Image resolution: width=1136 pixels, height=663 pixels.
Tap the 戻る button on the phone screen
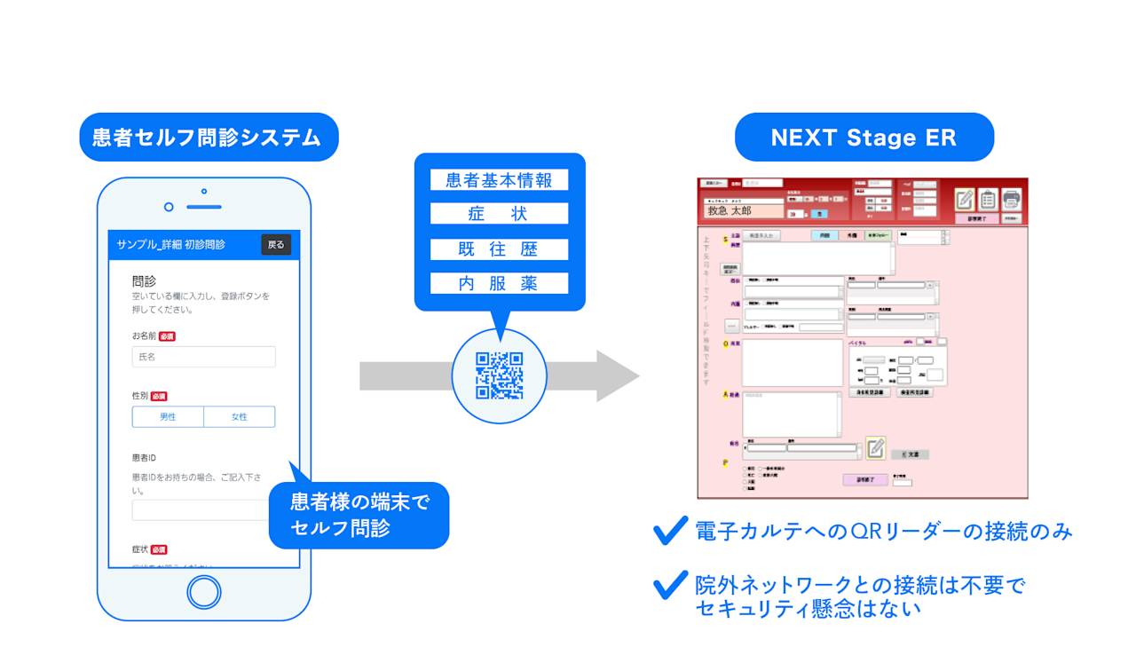[x=276, y=244]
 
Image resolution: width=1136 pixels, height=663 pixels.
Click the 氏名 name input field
[x=203, y=357]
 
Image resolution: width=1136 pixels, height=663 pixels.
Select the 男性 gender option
[x=168, y=416]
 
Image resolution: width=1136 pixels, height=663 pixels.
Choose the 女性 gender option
[x=240, y=416]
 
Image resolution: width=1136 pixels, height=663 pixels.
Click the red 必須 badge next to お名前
[x=167, y=337]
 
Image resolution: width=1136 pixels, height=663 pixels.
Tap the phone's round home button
[x=204, y=592]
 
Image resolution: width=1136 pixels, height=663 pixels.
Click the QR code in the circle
[x=500, y=375]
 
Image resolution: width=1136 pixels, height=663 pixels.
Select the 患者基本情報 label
[x=499, y=180]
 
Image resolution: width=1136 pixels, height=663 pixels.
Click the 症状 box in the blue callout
[x=499, y=214]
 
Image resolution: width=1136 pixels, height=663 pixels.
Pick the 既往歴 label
[x=499, y=249]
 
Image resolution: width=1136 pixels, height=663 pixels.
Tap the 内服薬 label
[x=499, y=283]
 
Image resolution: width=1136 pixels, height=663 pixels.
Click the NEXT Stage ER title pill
[x=864, y=138]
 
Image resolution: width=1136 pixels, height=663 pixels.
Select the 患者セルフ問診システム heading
[x=207, y=138]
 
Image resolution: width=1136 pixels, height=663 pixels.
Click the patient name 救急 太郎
[x=730, y=211]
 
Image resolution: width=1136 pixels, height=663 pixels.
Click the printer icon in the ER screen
[x=1011, y=200]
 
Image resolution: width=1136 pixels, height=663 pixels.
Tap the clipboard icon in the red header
[x=988, y=200]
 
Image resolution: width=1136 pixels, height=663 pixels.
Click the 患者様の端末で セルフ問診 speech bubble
[x=359, y=515]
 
